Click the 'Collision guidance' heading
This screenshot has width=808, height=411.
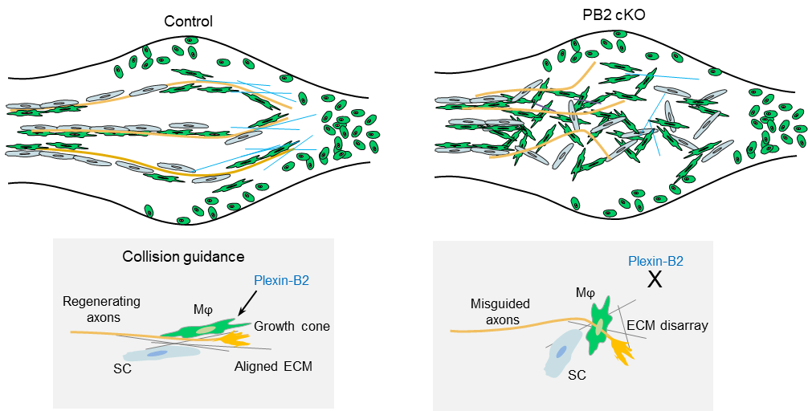pyautogui.click(x=183, y=257)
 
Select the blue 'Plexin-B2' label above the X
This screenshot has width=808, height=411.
pyautogui.click(x=656, y=262)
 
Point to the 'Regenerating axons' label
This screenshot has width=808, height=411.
pyautogui.click(x=102, y=309)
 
